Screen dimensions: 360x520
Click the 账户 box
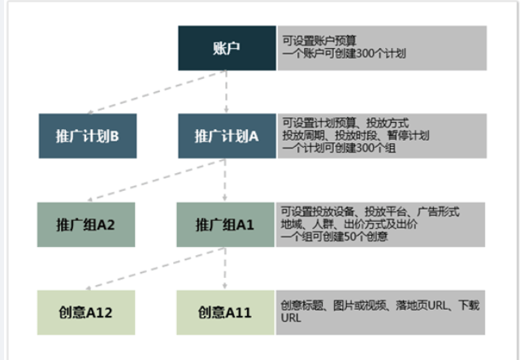[x=227, y=48]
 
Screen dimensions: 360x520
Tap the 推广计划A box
[x=227, y=135]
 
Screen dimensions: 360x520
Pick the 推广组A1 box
[x=225, y=223]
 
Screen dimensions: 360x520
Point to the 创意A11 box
[x=225, y=312]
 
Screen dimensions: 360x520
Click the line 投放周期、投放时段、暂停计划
[x=356, y=135]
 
